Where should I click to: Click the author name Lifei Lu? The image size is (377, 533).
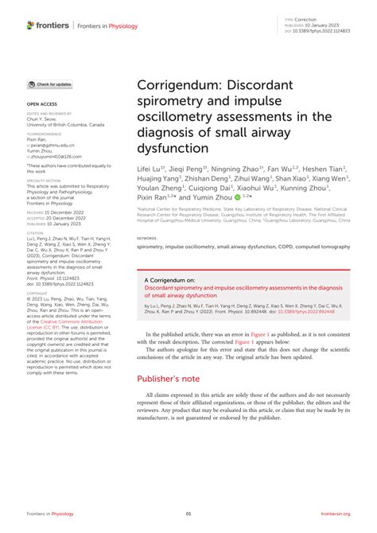tap(150, 169)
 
